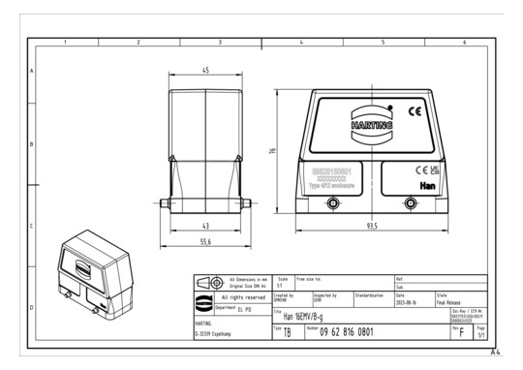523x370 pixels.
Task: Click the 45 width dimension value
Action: pyautogui.click(x=205, y=71)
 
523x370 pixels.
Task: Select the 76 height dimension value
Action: pyautogui.click(x=274, y=151)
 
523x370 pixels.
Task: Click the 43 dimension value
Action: pyautogui.click(x=205, y=226)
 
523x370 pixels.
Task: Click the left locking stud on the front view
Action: pyautogui.click(x=334, y=202)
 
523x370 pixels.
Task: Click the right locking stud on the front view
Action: pyautogui.click(x=411, y=202)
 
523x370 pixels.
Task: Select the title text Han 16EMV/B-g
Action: pyautogui.click(x=302, y=316)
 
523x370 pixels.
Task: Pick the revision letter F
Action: pyautogui.click(x=463, y=332)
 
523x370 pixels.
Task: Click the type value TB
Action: pyautogui.click(x=286, y=332)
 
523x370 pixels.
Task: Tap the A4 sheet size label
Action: pyautogui.click(x=496, y=355)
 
